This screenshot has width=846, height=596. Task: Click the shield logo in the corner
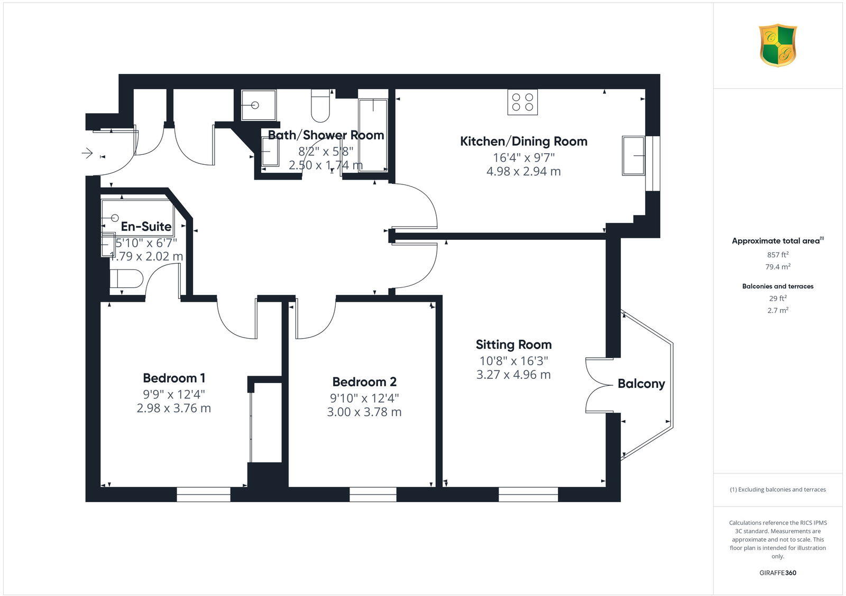click(x=777, y=45)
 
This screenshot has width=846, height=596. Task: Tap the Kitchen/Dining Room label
click(x=523, y=141)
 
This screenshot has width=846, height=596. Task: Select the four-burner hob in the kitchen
click(x=523, y=102)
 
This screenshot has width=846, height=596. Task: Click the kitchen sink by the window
click(x=633, y=156)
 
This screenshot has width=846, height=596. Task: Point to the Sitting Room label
click(x=513, y=344)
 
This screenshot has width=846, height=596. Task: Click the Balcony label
click(x=641, y=384)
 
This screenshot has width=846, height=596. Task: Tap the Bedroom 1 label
click(x=174, y=378)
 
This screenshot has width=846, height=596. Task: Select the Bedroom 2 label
click(x=364, y=381)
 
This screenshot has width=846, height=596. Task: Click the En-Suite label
click(x=146, y=226)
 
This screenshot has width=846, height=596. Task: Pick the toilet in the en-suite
click(x=126, y=278)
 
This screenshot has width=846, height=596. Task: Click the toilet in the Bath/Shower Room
click(x=320, y=106)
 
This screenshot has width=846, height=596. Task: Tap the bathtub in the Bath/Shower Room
click(x=373, y=135)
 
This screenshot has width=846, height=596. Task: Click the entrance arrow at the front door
click(x=87, y=153)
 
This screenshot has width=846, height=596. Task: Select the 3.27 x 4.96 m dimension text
click(x=513, y=375)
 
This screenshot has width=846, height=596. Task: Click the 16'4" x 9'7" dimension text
click(x=523, y=157)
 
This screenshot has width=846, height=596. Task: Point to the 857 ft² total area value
click(x=777, y=254)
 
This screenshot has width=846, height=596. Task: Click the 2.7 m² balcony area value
click(x=777, y=310)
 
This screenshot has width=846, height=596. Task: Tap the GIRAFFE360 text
click(x=777, y=573)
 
